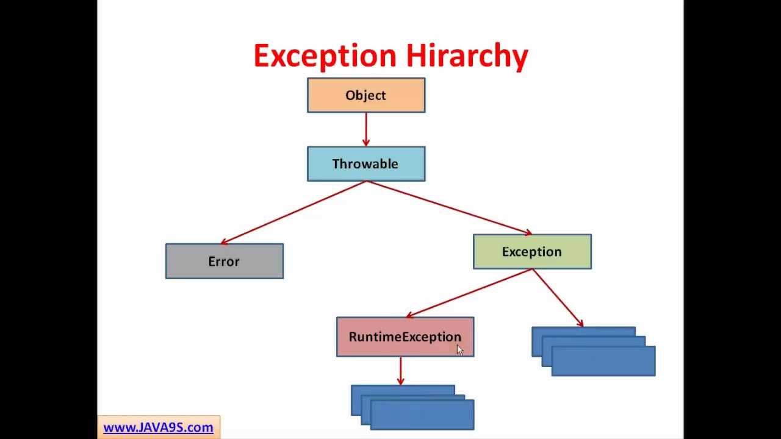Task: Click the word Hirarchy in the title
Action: [467, 56]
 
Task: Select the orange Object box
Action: [366, 95]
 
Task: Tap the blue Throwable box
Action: [366, 163]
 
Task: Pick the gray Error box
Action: [225, 261]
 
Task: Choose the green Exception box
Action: [532, 251]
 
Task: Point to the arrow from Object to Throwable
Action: [366, 129]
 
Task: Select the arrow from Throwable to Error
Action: [293, 213]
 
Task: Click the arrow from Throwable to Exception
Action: [449, 208]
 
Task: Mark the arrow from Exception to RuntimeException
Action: [470, 293]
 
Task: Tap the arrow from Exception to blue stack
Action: [558, 298]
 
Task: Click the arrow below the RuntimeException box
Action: [400, 371]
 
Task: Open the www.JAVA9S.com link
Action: [158, 427]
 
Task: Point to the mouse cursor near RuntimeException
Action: [459, 349]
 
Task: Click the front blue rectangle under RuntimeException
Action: [422, 416]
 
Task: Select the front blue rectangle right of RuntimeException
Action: [603, 362]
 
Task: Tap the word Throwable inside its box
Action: [365, 163]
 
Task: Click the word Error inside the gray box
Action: [224, 261]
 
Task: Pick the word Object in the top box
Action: [365, 95]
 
